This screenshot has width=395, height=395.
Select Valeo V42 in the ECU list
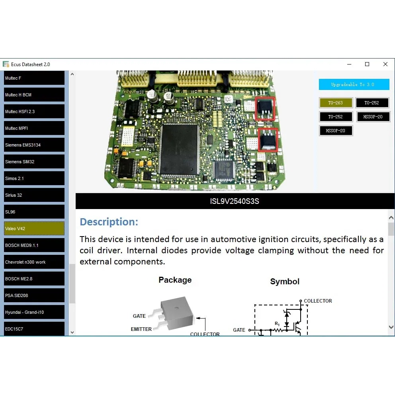click(34, 229)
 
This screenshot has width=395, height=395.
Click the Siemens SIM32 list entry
click(34, 162)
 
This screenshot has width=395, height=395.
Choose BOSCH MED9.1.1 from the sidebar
click(34, 245)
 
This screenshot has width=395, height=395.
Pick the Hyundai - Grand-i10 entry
click(34, 312)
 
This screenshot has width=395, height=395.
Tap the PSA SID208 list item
click(34, 295)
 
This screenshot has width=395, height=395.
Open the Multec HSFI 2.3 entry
click(34, 111)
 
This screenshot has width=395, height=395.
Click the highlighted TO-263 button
click(336, 103)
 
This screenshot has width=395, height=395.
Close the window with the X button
click(385, 64)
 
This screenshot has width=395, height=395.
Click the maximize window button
click(367, 64)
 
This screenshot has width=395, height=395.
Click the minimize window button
click(349, 64)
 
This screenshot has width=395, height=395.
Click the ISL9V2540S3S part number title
click(235, 201)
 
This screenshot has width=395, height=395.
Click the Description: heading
click(109, 222)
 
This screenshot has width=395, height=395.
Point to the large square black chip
click(180, 149)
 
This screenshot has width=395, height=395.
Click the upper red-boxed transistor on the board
click(265, 109)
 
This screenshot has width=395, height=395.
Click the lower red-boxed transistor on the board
click(268, 140)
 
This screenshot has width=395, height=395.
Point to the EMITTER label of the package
click(141, 329)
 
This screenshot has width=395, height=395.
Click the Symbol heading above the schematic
click(285, 282)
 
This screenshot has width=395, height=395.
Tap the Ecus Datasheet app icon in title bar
click(6, 64)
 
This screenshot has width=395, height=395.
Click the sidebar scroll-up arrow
click(72, 74)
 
